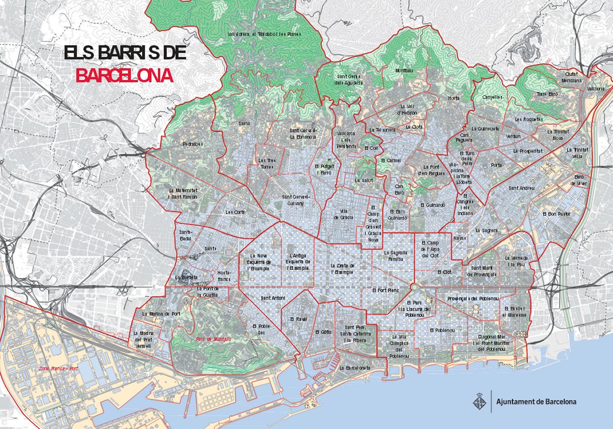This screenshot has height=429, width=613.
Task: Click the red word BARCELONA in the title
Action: point(124,76)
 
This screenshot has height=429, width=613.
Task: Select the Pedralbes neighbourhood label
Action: point(193,144)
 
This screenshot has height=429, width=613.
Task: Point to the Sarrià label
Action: point(244,123)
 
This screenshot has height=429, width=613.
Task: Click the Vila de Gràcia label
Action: point(343,214)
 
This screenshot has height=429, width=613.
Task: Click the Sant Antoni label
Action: point(273,298)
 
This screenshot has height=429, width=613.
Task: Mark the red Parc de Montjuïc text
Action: point(214,338)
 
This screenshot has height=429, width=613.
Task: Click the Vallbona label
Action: point(595,88)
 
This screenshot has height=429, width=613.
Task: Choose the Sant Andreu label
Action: point(521,188)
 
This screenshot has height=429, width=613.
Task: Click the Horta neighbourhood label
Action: point(454,98)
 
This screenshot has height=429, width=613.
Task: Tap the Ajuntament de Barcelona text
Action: point(536,401)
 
